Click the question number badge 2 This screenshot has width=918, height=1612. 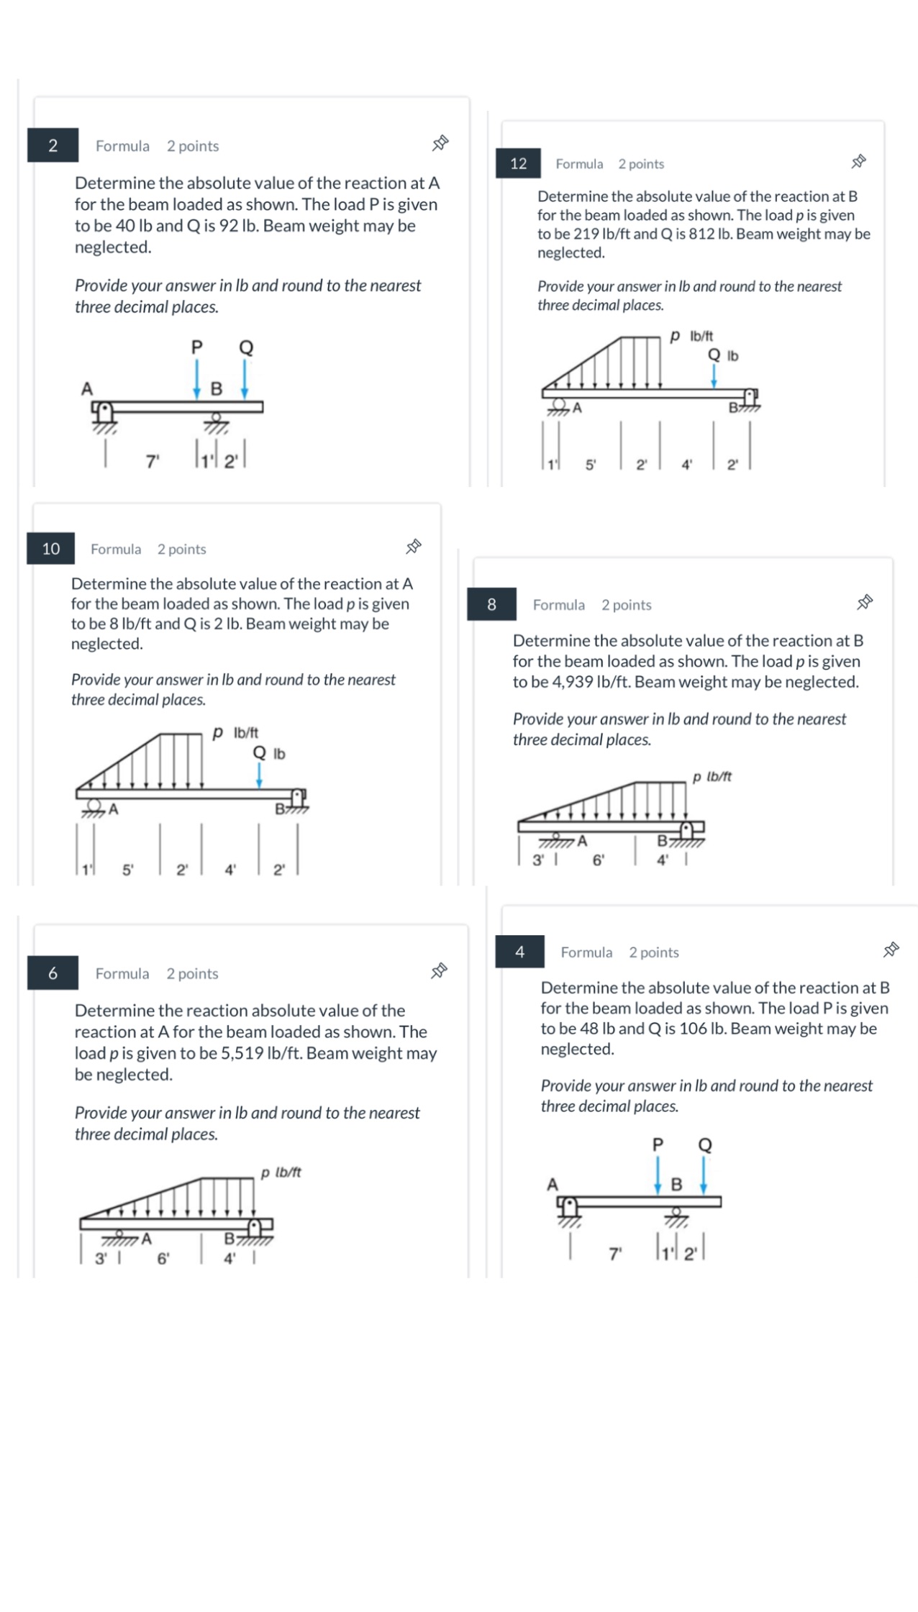pos(53,145)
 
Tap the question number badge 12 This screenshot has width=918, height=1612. pos(518,163)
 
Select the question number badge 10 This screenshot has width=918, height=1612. pos(51,549)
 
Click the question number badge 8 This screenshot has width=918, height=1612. pos(491,604)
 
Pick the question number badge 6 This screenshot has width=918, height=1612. pos(53,973)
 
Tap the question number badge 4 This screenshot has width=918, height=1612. pos(519,952)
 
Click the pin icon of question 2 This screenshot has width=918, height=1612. pos(440,144)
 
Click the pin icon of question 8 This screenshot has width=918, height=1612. pos(864,603)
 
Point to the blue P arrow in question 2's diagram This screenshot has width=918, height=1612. pos(197,378)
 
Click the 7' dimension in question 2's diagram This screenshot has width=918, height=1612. pos(152,462)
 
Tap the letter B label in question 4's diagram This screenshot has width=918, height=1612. pos(676,1184)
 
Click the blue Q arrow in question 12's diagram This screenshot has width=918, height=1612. pos(714,375)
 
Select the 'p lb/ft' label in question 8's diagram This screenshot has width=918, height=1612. pos(712,776)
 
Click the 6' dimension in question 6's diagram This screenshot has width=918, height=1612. pos(163,1259)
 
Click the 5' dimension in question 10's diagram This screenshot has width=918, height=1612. pos(127,870)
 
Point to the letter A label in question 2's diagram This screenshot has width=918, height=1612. pos(87,389)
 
